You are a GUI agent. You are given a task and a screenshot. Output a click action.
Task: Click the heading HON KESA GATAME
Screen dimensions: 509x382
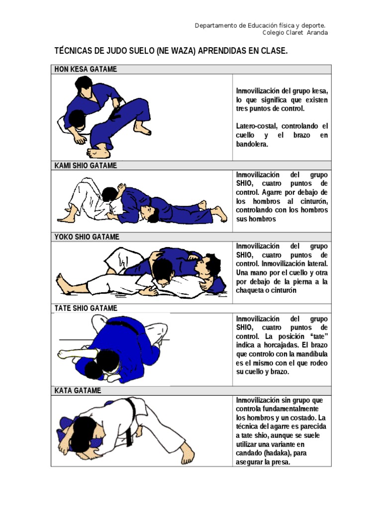pyautogui.click(x=86, y=69)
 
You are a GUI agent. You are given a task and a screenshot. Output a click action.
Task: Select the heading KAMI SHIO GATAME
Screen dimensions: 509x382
pyautogui.click(x=86, y=166)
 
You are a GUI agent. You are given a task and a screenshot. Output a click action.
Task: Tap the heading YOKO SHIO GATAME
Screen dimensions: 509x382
pyautogui.click(x=87, y=237)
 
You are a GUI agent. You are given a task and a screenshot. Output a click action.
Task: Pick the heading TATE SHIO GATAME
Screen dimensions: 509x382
pyautogui.click(x=86, y=308)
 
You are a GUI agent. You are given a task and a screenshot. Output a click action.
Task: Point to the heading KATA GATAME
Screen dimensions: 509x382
pyautogui.click(x=78, y=391)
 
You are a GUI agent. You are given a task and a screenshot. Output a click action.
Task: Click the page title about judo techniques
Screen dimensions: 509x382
pyautogui.click(x=171, y=51)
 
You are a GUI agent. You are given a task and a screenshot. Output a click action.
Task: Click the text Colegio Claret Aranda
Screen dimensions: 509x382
pyautogui.click(x=295, y=33)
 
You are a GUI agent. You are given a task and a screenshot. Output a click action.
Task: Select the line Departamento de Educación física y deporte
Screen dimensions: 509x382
pyautogui.click(x=260, y=25)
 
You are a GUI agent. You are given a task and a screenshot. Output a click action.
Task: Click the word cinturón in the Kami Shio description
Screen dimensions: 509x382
pyautogui.click(x=311, y=201)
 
